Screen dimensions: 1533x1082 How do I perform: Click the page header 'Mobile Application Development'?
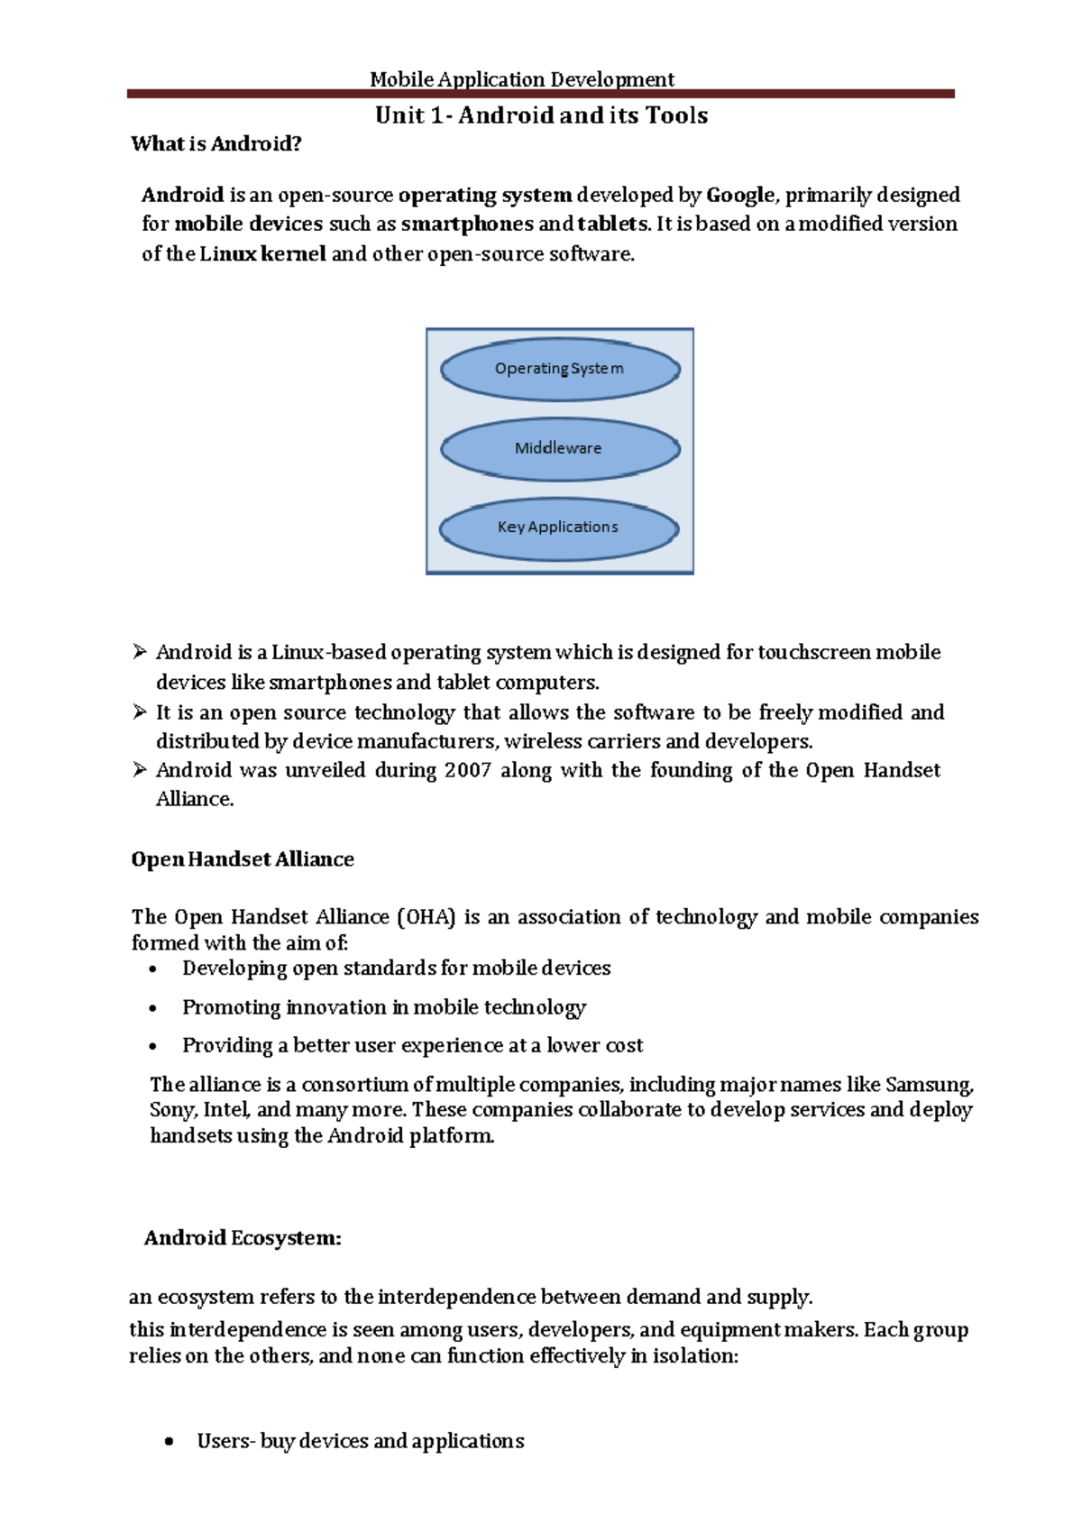[521, 79]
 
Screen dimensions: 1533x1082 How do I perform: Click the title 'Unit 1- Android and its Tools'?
[541, 115]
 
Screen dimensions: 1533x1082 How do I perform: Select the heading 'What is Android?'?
[215, 144]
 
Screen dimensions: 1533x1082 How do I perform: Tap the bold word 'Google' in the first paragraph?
[739, 195]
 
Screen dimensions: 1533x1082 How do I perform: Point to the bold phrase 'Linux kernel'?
[262, 254]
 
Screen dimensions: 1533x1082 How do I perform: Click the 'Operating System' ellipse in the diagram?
[559, 369]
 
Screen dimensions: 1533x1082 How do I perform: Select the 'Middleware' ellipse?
[559, 448]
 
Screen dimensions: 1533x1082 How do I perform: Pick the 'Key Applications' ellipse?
[558, 528]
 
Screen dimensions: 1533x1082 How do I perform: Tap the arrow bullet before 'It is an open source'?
[140, 712]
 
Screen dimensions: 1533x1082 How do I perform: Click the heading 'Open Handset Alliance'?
[242, 859]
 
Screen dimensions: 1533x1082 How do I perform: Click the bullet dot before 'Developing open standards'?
[153, 970]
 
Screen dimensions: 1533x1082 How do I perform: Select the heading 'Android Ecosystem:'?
[243, 1238]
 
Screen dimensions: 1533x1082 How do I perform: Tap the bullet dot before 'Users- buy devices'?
[169, 1443]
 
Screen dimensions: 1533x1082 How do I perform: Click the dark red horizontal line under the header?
[541, 94]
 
